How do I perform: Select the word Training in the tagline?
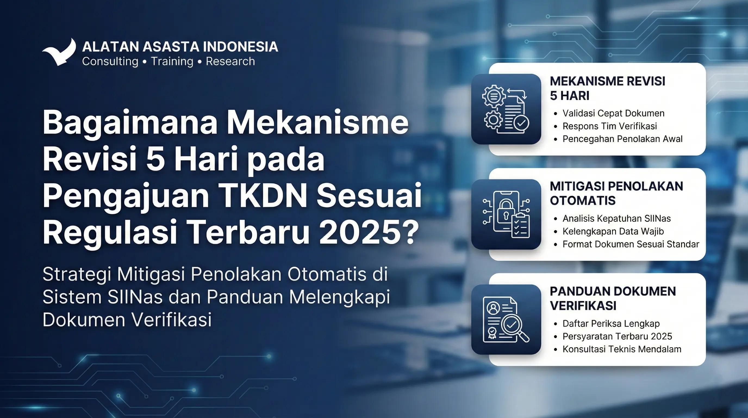pos(172,62)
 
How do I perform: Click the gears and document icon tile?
pos(506,109)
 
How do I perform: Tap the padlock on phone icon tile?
pos(506,214)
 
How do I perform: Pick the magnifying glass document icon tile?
pos(506,319)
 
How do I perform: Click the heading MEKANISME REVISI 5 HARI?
pos(607,88)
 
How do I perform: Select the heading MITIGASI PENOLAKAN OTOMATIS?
pos(616,193)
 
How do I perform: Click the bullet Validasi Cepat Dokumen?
pos(613,113)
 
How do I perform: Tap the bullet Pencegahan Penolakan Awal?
pos(622,139)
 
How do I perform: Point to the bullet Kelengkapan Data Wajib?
pos(613,231)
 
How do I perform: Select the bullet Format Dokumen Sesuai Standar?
pos(631,244)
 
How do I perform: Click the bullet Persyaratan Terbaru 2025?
pos(617,336)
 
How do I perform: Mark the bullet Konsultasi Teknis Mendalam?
pos(622,349)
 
